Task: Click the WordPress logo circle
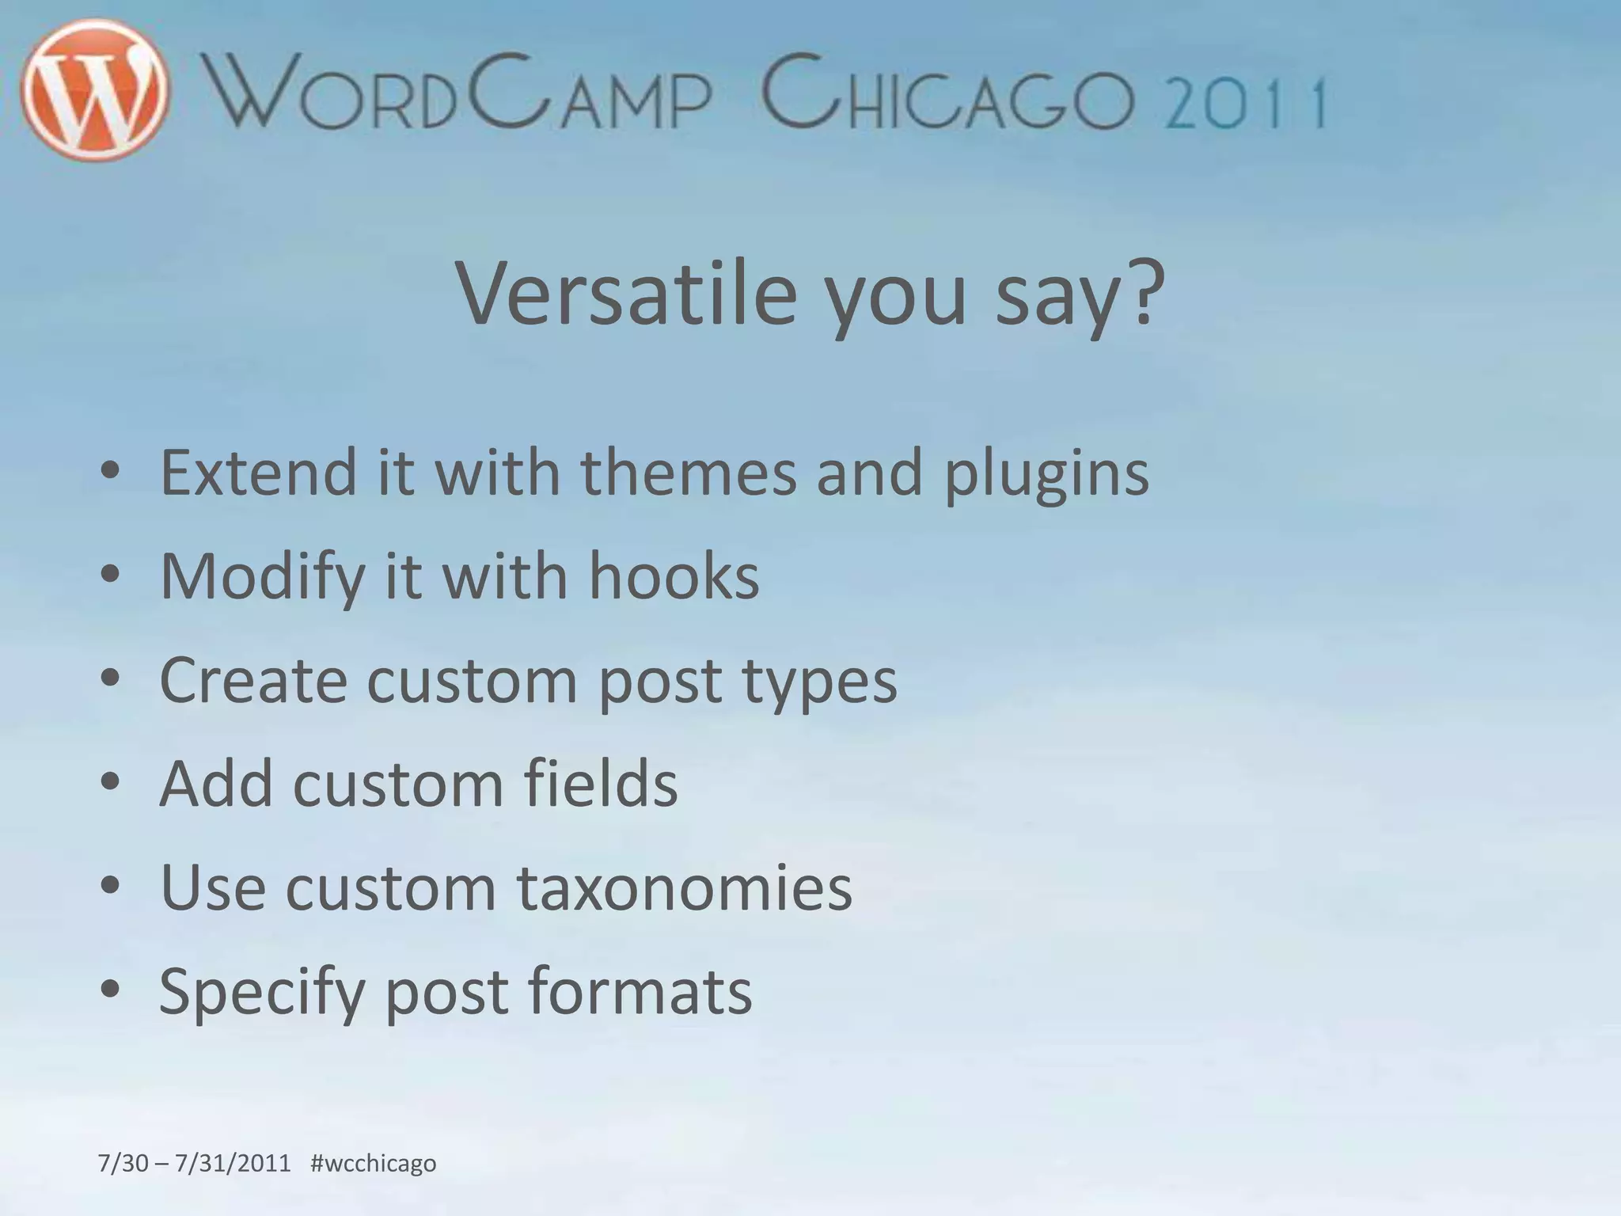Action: pyautogui.click(x=95, y=89)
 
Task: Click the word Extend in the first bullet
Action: pyautogui.click(x=259, y=473)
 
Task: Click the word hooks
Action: pyautogui.click(x=674, y=576)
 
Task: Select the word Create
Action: pyautogui.click(x=253, y=680)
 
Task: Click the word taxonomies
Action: pyautogui.click(x=685, y=887)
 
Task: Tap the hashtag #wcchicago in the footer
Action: pyautogui.click(x=373, y=1164)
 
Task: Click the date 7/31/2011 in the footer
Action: pyautogui.click(x=233, y=1164)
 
